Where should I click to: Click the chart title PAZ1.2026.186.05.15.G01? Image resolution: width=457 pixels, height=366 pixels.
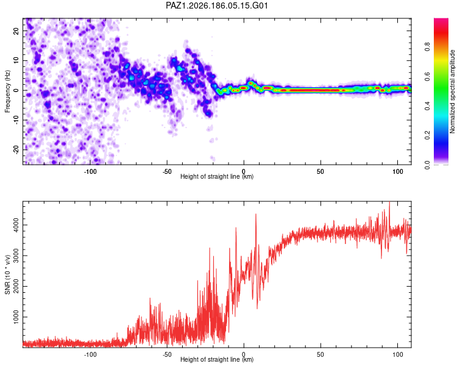pos(216,5)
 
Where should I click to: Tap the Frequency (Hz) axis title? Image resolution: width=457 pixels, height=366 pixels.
pos(7,91)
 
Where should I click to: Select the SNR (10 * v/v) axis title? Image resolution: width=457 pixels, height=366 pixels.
pos(7,274)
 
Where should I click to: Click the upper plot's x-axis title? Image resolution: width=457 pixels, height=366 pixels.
pos(217,176)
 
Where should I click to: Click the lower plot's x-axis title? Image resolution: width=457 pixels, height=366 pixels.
pos(217,359)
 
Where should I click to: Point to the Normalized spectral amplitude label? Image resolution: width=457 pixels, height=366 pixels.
pos(452,91)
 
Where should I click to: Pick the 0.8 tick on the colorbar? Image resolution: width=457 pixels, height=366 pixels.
pos(427,46)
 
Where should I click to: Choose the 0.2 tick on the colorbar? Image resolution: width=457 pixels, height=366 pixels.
pos(427,135)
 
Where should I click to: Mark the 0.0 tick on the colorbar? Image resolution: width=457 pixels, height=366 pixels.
pos(427,165)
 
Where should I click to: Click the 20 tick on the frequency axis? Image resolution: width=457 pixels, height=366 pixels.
pos(16,31)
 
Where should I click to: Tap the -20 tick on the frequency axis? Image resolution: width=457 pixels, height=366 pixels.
pos(16,150)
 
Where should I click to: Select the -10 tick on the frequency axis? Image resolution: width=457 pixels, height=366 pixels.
pos(16,120)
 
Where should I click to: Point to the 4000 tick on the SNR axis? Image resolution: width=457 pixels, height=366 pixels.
pos(16,225)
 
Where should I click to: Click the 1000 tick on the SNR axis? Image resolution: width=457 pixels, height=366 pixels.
pos(16,317)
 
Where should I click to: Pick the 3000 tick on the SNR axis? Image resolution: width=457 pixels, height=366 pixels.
pos(16,256)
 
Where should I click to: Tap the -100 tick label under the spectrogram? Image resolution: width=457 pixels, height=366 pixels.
pos(90,171)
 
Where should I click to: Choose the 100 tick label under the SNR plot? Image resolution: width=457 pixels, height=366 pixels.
pos(398,354)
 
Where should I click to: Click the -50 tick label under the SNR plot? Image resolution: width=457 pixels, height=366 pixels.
pos(167,354)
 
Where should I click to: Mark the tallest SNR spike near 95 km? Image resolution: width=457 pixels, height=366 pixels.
pos(389,202)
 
